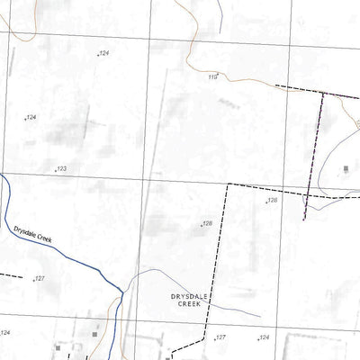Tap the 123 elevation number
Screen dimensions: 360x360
click(62, 168)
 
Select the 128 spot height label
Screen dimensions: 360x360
click(207, 223)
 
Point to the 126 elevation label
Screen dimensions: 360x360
click(273, 201)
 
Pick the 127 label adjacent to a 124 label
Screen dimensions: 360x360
click(220, 337)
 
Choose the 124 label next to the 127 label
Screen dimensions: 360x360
click(264, 337)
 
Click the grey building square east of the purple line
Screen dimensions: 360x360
click(347, 168)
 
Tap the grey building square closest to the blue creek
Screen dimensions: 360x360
click(96, 335)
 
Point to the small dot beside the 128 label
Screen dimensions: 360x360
click(201, 226)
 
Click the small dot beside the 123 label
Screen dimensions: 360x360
click(56, 170)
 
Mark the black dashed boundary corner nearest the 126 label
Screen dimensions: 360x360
click(229, 184)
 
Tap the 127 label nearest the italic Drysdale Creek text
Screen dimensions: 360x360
click(40, 279)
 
